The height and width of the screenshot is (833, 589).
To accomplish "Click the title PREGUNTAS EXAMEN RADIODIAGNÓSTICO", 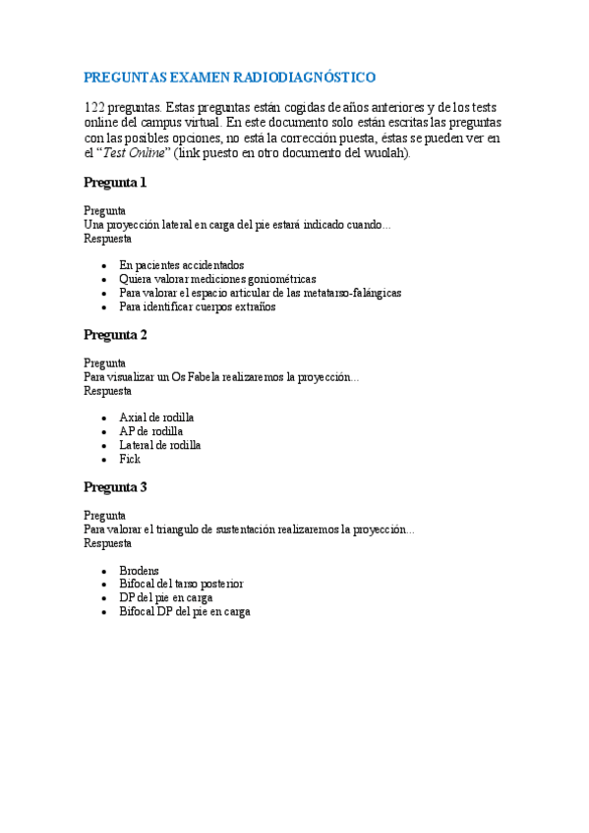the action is tap(229, 77).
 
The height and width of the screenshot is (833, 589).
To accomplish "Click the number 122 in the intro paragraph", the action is tap(93, 107).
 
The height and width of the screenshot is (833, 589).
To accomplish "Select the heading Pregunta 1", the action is tap(115, 183).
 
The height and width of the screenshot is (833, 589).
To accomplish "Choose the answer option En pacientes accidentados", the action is tap(181, 265).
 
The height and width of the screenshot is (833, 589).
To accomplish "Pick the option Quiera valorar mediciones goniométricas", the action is tap(217, 279).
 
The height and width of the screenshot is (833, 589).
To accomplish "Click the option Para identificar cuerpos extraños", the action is tap(197, 306).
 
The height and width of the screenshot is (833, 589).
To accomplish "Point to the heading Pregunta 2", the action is tap(115, 335).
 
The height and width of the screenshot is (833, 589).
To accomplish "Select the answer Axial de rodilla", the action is tap(156, 417).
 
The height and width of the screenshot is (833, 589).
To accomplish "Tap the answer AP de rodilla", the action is tap(150, 431).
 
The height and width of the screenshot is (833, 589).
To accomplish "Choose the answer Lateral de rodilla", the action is tap(159, 445).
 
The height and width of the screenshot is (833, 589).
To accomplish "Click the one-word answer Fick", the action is tap(130, 459).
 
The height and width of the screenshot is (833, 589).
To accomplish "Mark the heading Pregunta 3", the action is tap(115, 487).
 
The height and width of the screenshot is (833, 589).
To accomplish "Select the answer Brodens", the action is tap(139, 570).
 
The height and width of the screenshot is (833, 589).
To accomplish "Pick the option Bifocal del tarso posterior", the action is tap(181, 583).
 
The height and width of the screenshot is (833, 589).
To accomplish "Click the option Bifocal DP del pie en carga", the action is tap(184, 611).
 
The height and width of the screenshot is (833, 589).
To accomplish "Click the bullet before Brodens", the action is tap(104, 571).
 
